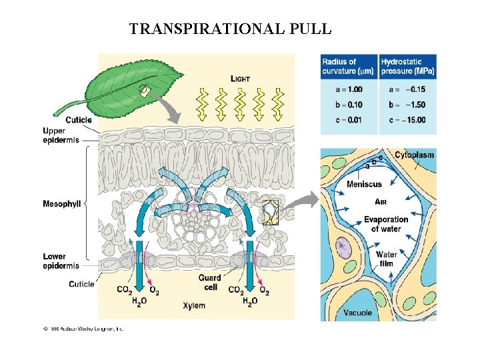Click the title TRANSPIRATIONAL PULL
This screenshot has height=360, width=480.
[230, 29]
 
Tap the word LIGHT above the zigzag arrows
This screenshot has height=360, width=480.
[240, 79]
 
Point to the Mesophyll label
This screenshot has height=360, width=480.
[61, 203]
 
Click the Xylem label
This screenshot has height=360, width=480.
[194, 305]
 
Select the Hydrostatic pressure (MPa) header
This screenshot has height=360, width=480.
[407, 67]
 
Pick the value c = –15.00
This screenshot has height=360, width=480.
[407, 120]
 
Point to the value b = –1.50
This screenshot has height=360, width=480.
[407, 105]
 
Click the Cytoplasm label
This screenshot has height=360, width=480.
[414, 155]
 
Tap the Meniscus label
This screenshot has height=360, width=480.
[365, 184]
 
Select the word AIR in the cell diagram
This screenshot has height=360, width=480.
[382, 201]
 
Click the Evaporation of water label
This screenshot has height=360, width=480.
[385, 224]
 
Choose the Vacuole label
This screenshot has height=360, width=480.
[358, 312]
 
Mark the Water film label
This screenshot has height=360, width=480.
[387, 259]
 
